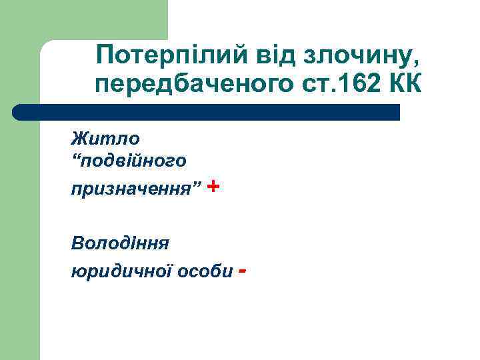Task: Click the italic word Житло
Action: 106,139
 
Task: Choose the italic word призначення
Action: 131,189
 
